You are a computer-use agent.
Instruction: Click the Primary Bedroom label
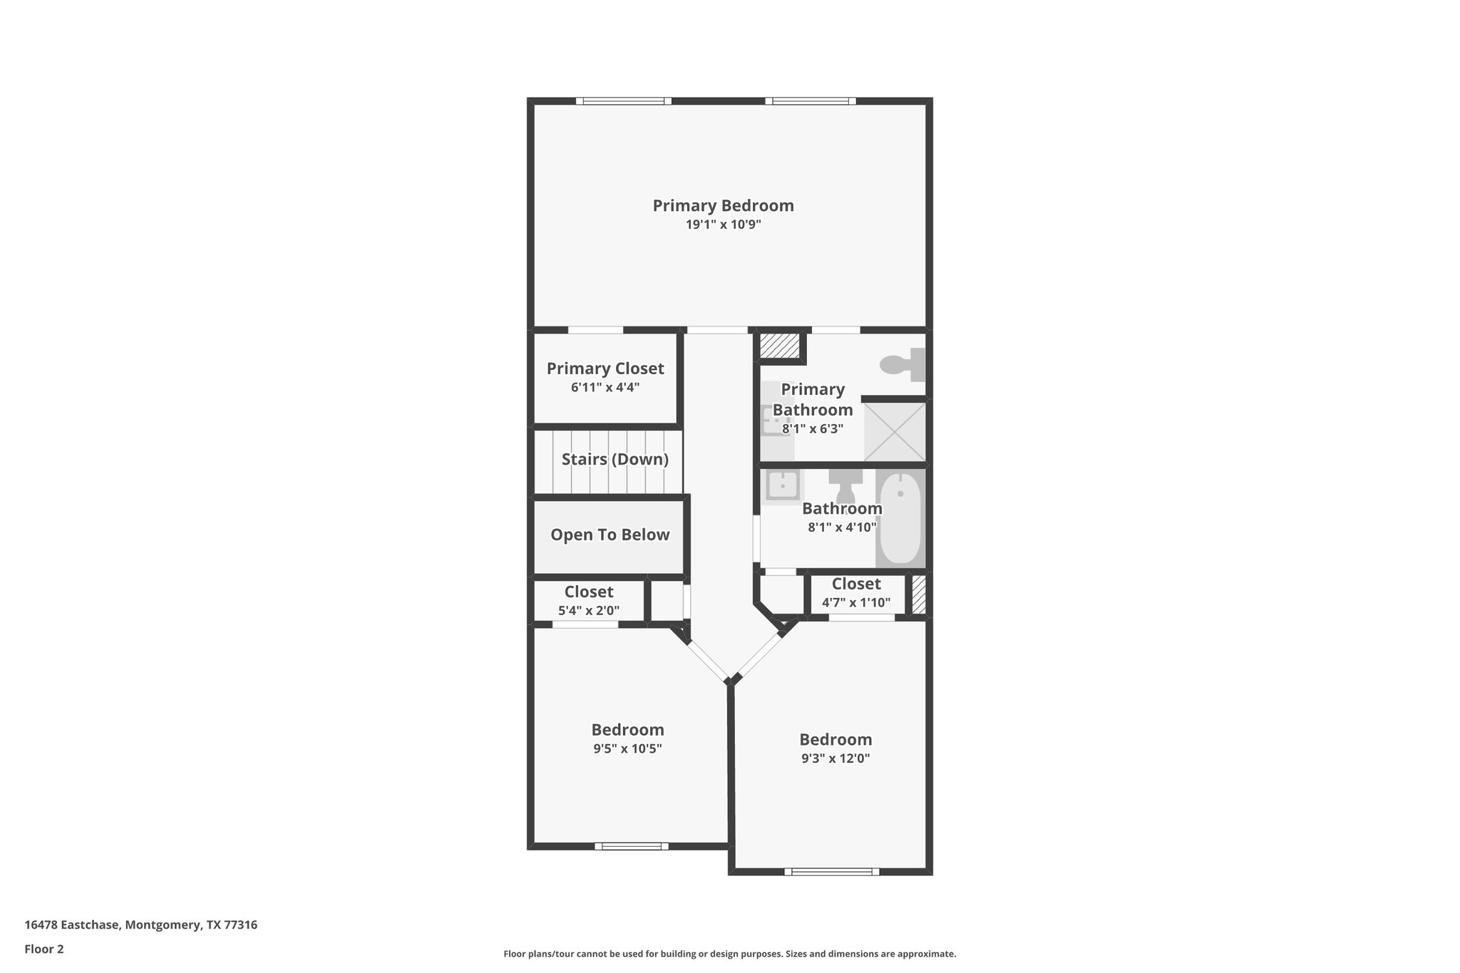coord(723,206)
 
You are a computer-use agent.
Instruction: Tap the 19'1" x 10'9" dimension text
coord(723,225)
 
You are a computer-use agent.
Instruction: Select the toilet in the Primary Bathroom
coord(903,365)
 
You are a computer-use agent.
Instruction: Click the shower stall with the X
coord(894,431)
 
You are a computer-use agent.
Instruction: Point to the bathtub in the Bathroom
coord(900,518)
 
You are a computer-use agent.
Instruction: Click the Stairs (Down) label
coord(615,460)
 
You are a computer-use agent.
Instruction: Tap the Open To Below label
coord(610,535)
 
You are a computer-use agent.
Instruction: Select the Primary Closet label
coord(605,369)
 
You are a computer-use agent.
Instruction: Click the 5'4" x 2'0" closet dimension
coord(588,611)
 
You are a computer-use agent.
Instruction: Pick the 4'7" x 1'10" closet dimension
coord(855,603)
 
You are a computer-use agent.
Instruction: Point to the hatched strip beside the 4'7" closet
coord(919,594)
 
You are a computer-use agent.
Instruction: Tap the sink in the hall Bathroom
coord(782,486)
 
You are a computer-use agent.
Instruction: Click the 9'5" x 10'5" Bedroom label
coord(627,730)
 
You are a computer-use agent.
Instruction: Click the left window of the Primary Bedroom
coord(624,101)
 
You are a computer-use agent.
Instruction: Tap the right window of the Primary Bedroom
coord(811,101)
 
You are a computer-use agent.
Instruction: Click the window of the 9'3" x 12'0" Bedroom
coord(831,871)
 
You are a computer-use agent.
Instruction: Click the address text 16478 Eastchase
coord(140,925)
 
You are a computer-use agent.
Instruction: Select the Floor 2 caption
coord(44,949)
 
